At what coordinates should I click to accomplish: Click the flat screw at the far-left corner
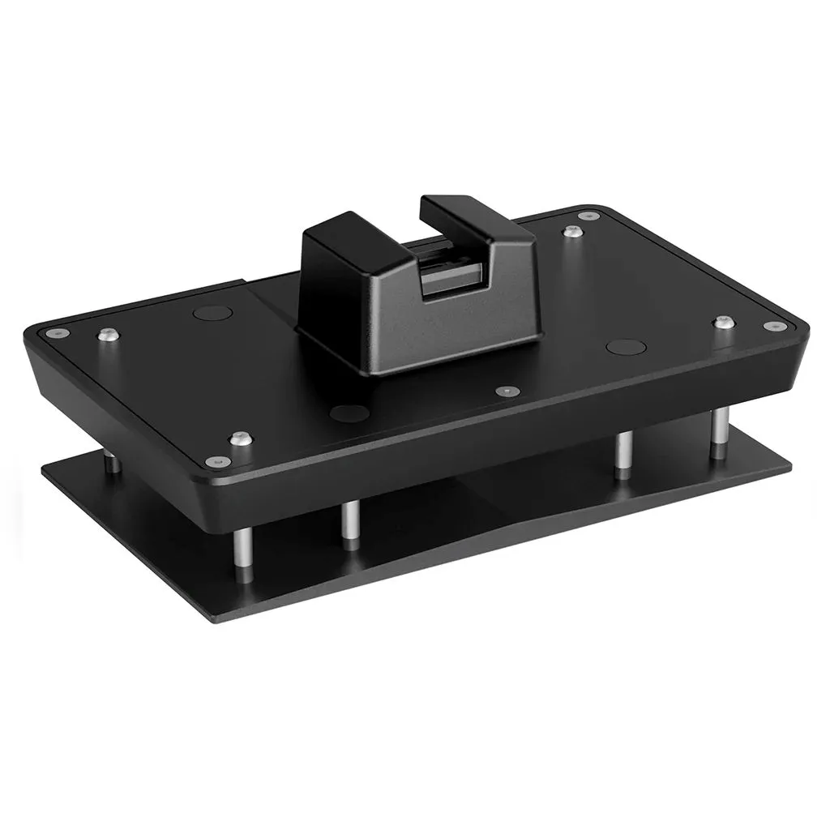53,332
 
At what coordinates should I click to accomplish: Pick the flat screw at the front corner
214,461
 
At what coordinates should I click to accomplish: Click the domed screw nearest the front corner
240,439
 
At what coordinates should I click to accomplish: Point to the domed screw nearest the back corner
573,232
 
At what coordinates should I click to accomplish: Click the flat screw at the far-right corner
775,327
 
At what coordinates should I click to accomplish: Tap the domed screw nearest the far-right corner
724,323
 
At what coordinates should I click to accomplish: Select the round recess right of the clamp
626,347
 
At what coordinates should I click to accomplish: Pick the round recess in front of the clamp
349,413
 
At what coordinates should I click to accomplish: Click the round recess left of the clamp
213,313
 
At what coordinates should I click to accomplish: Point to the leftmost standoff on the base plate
113,461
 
